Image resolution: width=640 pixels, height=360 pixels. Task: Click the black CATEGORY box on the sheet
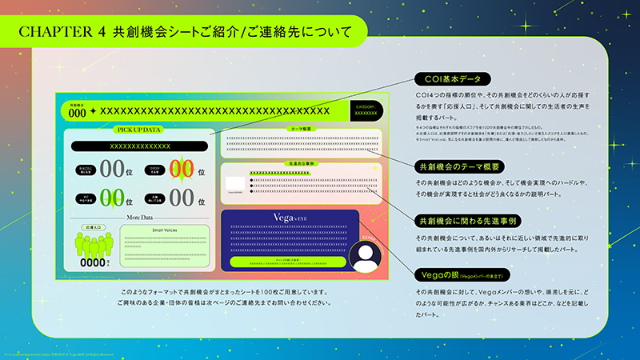[x=365, y=110]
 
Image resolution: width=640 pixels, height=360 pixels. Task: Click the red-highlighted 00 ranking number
[x=182, y=170]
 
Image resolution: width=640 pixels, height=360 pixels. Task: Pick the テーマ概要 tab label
[x=301, y=129]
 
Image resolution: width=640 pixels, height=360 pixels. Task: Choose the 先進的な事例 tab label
[x=300, y=163]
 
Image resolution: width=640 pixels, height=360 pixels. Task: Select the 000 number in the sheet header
[x=78, y=113]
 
